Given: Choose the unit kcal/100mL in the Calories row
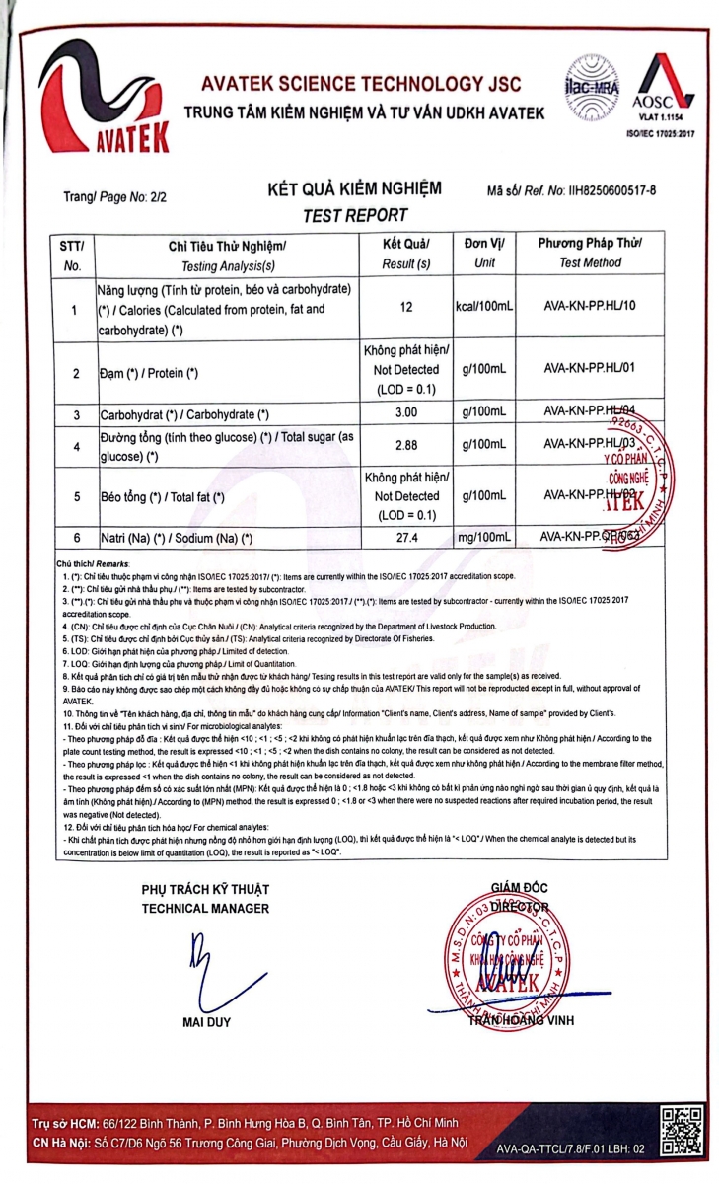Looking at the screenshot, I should pyautogui.click(x=484, y=308).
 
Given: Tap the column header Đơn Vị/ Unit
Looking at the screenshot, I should pyautogui.click(x=484, y=254).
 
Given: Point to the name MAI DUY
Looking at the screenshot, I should pyautogui.click(x=206, y=1021).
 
